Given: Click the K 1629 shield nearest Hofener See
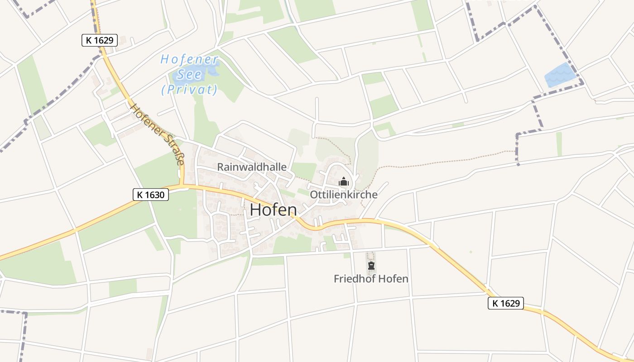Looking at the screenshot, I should click(100, 40).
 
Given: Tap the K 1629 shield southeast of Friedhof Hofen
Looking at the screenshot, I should click(505, 303).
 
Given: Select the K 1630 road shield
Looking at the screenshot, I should click(151, 195).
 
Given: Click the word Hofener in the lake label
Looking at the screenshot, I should click(190, 59).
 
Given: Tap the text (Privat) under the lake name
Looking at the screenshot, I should click(189, 90).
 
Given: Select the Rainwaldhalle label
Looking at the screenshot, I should click(252, 167).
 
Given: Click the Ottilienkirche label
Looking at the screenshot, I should click(343, 195).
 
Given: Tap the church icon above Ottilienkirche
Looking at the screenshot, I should click(344, 182).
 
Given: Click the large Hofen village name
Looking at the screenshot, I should click(273, 210).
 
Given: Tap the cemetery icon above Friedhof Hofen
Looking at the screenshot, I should click(371, 265).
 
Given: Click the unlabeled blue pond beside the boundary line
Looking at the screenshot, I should click(559, 76).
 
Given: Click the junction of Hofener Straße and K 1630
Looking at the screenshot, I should click(182, 185).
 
